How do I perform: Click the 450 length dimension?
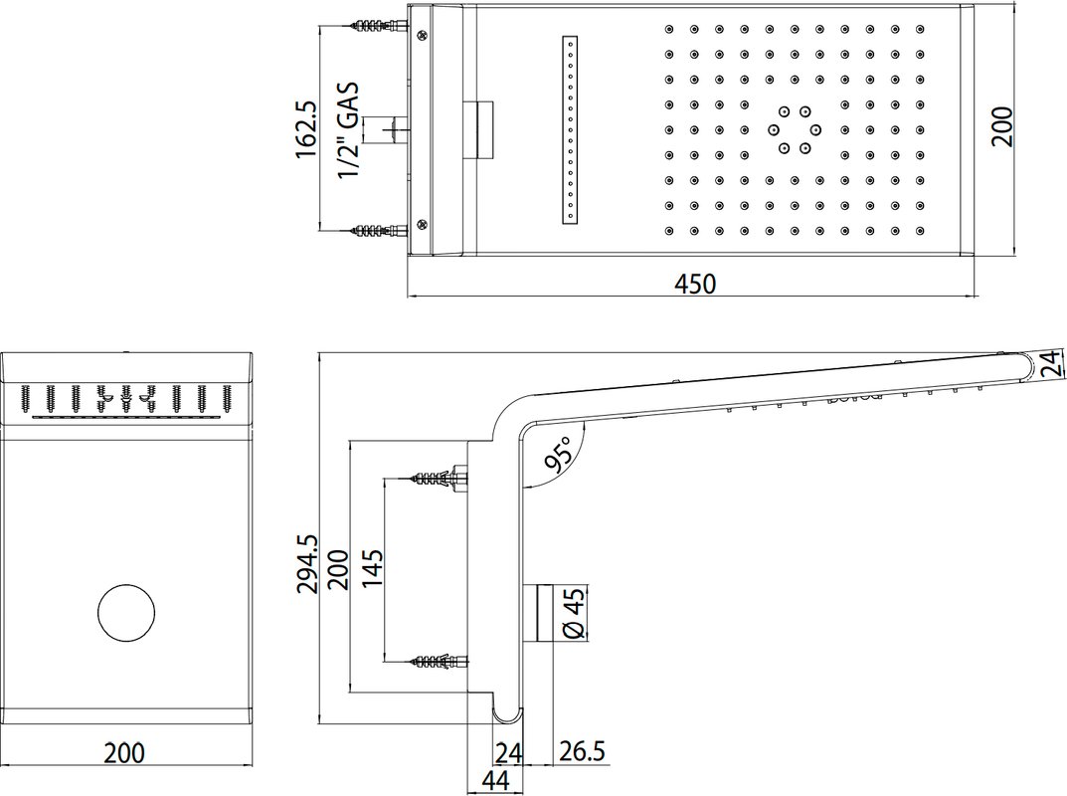695,284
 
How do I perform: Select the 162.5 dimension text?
306,130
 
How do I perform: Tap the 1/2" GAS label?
348,130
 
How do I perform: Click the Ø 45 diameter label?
574,613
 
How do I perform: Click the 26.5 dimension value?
582,752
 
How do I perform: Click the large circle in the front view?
126,612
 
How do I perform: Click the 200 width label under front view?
124,753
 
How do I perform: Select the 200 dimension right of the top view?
1001,126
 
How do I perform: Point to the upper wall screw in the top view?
378,26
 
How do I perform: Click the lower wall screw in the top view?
378,230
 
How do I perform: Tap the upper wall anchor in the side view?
439,477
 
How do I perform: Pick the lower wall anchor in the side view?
439,662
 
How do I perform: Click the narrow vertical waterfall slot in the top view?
570,129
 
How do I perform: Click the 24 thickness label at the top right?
1051,363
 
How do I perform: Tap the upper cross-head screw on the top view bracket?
423,35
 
